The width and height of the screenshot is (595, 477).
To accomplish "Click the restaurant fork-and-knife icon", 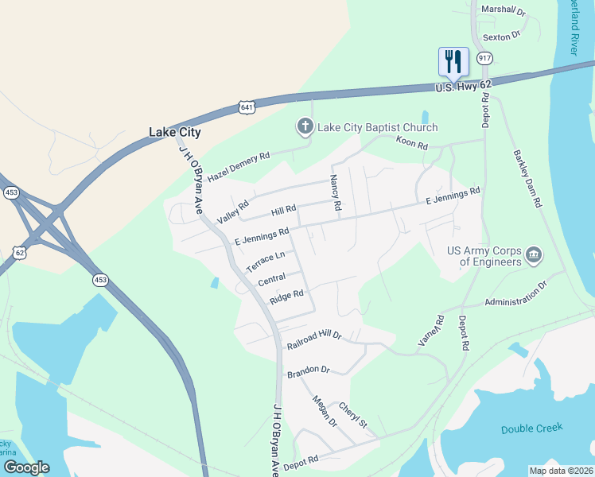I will point(453,60).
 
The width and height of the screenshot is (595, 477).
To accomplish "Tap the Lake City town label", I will point(175,133).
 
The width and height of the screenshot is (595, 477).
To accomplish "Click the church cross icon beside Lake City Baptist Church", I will point(304,126).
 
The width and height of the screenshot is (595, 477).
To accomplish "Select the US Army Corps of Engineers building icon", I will point(534,255).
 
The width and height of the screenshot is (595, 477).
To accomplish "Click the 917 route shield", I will point(484,58).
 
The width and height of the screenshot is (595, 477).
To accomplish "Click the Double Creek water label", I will point(532,429).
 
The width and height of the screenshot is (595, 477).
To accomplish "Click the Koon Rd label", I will point(412,145).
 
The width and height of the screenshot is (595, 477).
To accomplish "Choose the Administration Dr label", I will point(516,293).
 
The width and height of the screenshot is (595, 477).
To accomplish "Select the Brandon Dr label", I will point(308,370).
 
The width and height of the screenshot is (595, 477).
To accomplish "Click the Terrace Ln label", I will point(265,262).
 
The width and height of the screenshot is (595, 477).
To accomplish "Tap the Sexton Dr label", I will point(501,35).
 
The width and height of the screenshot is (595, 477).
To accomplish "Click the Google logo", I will point(26,467).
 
